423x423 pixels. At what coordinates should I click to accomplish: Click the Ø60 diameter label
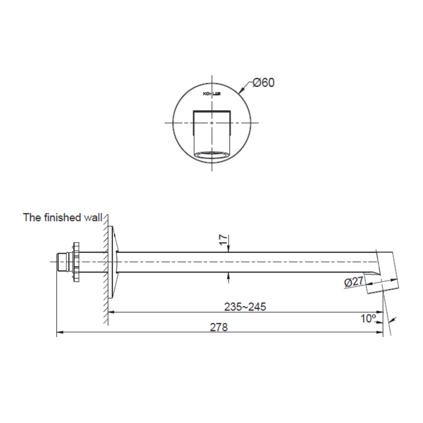[x=263, y=83]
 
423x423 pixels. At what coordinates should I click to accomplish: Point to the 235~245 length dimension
[x=245, y=307]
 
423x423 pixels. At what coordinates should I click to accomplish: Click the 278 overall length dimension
[x=219, y=327]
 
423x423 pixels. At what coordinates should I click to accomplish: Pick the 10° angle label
[x=368, y=319]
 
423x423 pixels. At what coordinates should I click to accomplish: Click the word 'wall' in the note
[x=92, y=217]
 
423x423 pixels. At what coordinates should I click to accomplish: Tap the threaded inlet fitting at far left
[x=63, y=262]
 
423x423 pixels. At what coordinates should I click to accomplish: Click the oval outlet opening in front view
[x=211, y=154]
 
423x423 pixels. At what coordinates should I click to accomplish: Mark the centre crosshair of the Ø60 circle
[x=211, y=123]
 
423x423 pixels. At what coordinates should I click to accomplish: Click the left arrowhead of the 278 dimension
[x=59, y=332]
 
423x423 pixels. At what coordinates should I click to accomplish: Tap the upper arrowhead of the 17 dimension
[x=229, y=249]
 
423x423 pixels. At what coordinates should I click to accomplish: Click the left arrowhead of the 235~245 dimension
[x=110, y=312]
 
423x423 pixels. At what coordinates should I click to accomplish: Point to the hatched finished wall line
[x=105, y=268]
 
